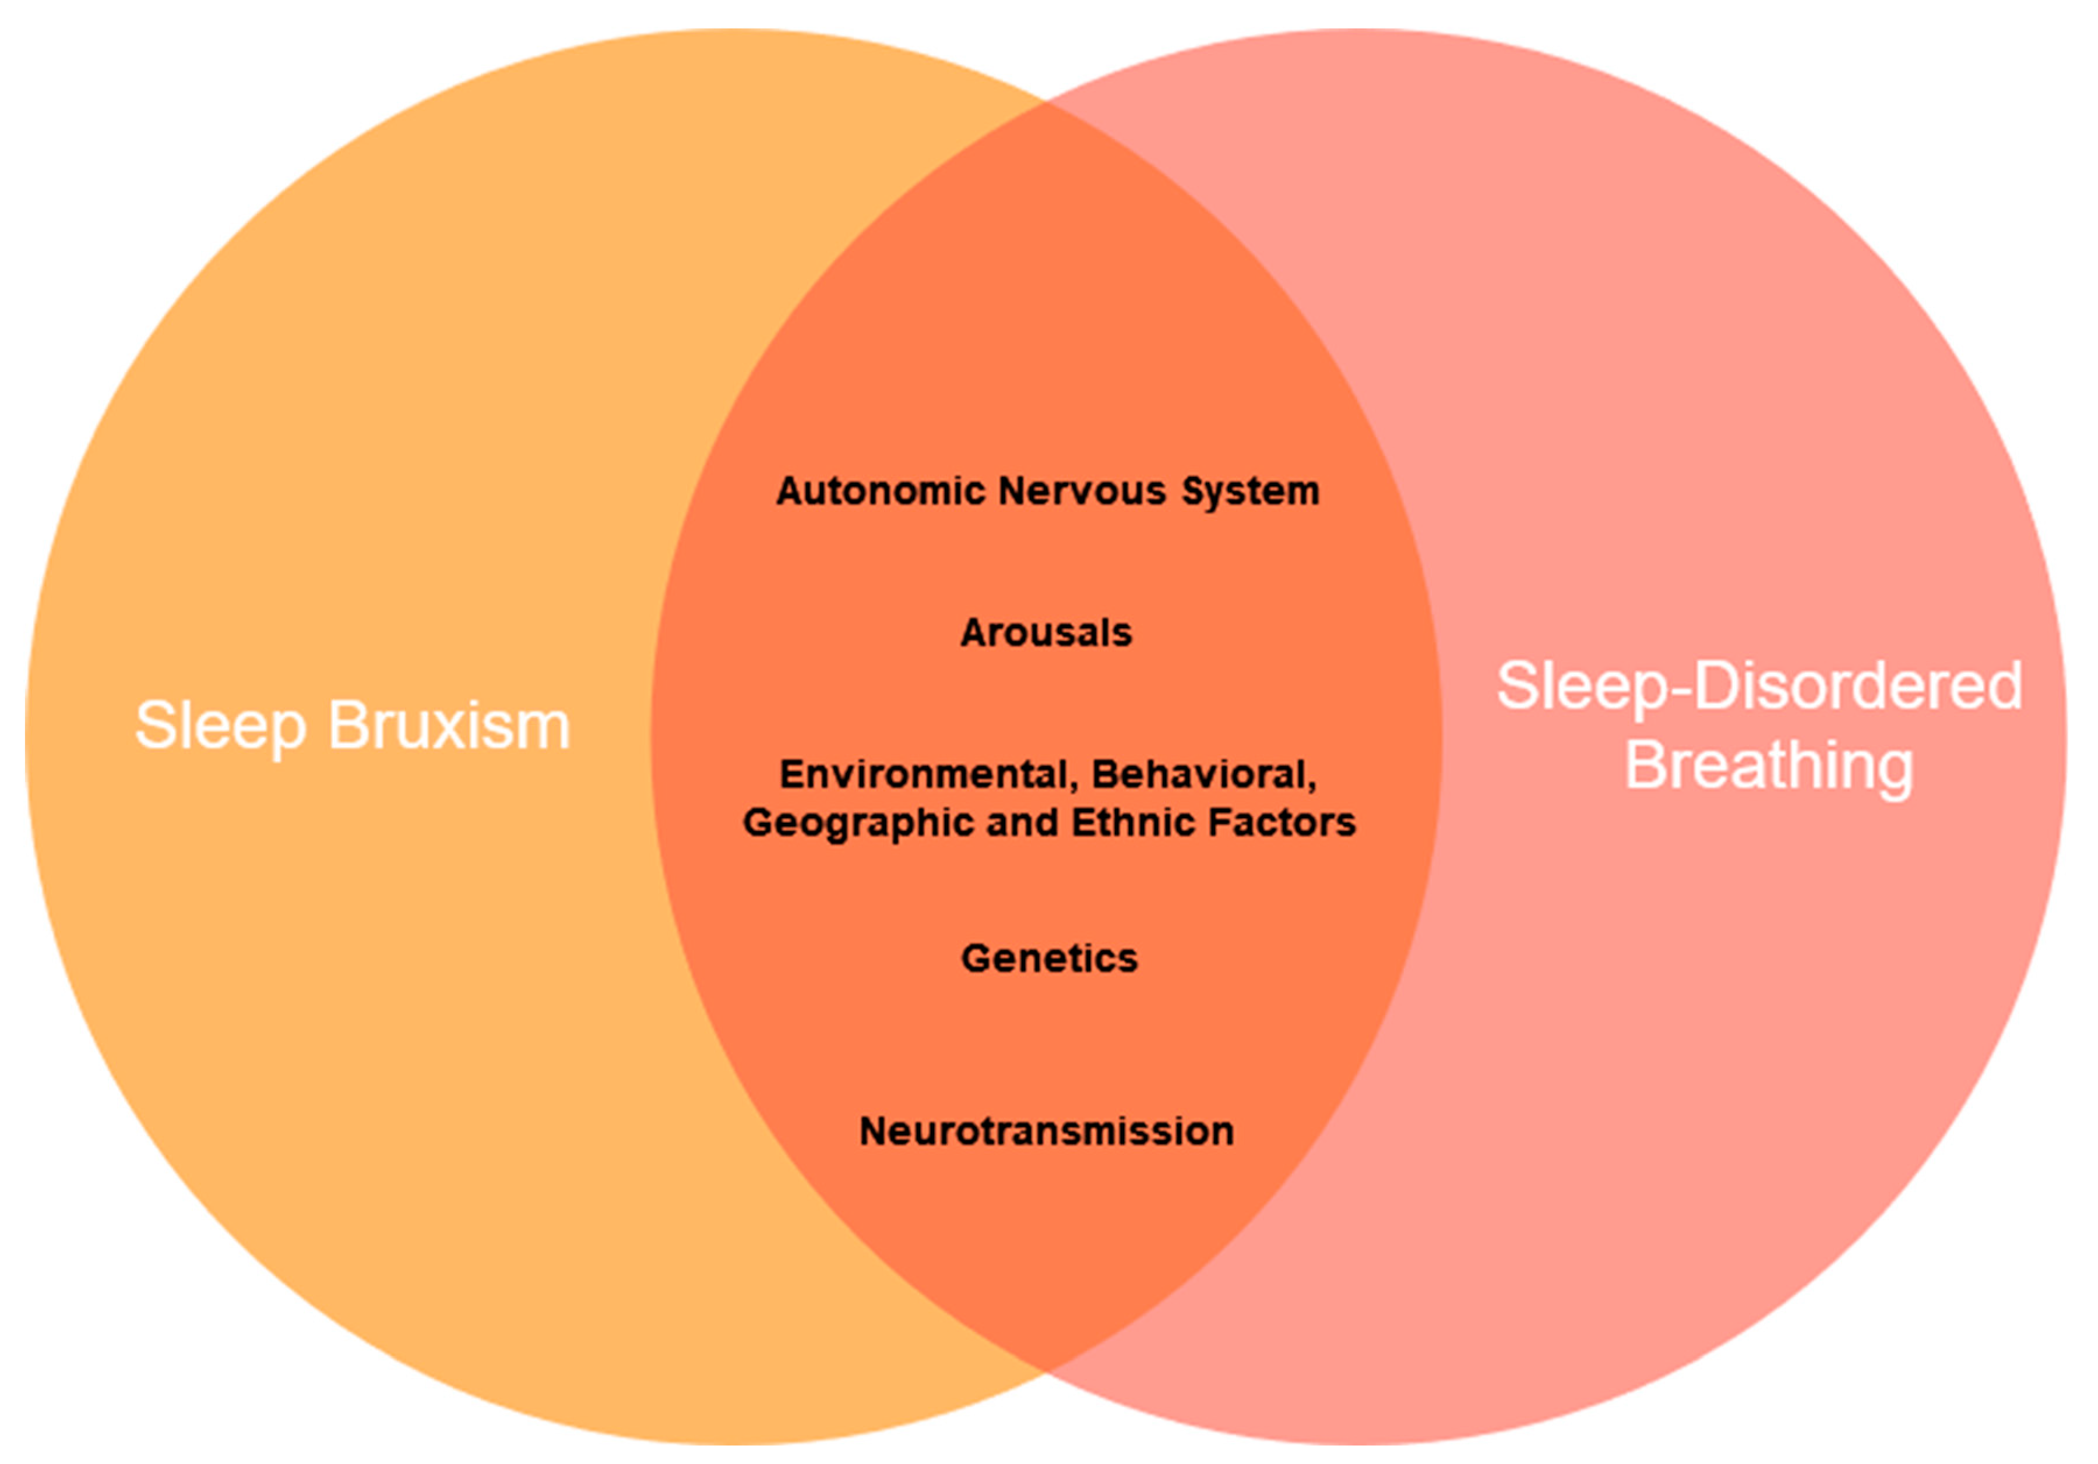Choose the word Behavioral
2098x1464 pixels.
pos(1202,775)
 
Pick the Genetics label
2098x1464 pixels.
pos(1049,958)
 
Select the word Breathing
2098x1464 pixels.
pos(1768,765)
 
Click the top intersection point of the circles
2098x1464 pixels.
pos(1047,102)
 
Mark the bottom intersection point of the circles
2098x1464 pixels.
pos(1047,1370)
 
